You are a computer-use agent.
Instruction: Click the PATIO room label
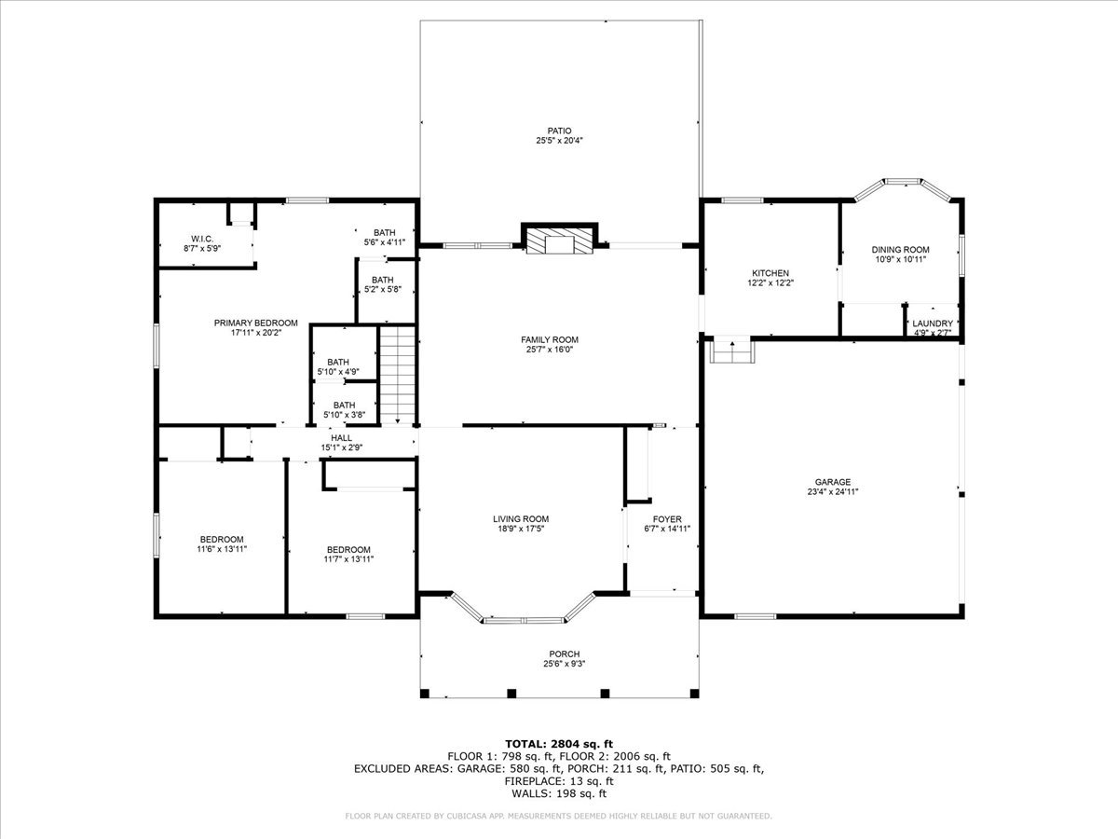click(x=559, y=131)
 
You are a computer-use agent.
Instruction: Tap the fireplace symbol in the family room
click(x=559, y=241)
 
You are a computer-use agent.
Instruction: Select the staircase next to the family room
click(x=397, y=373)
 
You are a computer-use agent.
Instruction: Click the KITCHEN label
click(x=770, y=273)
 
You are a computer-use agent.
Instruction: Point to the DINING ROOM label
click(x=900, y=250)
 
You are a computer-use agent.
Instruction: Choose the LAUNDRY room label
click(x=933, y=323)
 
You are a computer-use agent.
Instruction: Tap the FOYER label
click(x=666, y=519)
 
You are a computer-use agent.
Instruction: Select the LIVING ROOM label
click(x=521, y=519)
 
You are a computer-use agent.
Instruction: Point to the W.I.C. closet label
click(x=202, y=238)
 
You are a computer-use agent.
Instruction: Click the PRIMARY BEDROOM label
click(x=255, y=323)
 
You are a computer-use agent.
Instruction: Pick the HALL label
click(x=341, y=437)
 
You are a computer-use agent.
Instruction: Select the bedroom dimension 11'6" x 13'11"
click(x=221, y=550)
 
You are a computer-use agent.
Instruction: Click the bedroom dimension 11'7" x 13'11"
click(x=348, y=559)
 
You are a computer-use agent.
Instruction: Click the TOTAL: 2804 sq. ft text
click(x=559, y=743)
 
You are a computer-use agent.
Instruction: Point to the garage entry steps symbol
click(x=731, y=351)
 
